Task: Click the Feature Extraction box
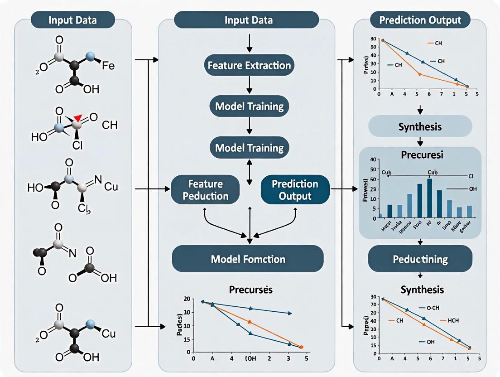point(249,65)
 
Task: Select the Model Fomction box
point(248,259)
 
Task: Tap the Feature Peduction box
point(206,190)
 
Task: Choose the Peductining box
point(420,260)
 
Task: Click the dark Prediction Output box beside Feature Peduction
point(295,190)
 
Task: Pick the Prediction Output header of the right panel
point(420,20)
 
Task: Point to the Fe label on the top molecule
point(108,66)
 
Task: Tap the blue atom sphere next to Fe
point(91,57)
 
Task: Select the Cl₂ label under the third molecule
point(85,209)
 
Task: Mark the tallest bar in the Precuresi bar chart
point(429,198)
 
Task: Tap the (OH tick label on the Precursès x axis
point(250,358)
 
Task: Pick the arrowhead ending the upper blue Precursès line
point(290,313)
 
